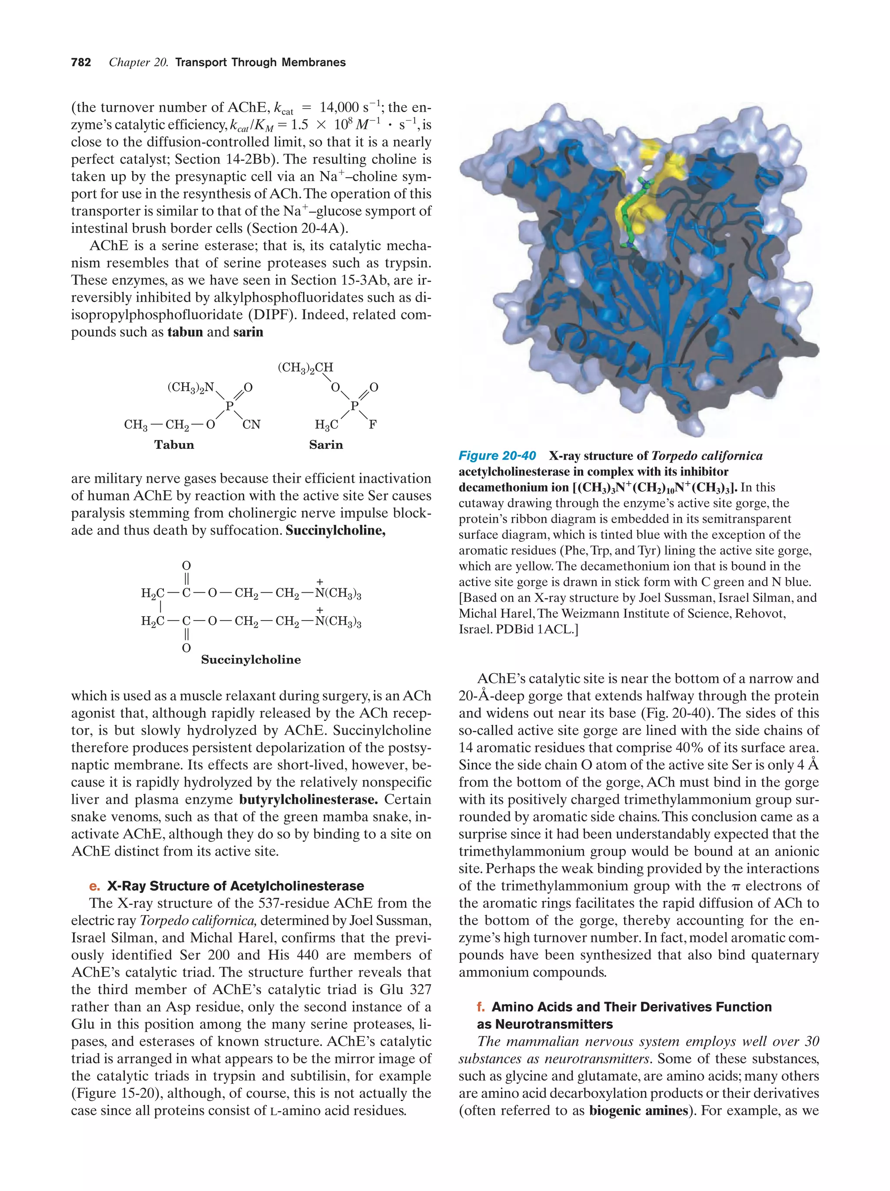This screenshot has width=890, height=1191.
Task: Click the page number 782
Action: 81,63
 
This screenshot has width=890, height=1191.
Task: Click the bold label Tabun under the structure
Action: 174,445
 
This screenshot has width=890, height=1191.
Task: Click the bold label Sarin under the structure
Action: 326,445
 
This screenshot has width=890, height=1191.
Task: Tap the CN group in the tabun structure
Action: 251,425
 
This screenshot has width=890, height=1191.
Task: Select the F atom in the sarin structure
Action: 372,425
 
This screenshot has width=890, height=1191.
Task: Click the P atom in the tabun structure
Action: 229,406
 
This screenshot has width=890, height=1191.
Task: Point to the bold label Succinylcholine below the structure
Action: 251,660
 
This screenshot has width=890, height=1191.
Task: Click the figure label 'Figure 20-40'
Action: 497,456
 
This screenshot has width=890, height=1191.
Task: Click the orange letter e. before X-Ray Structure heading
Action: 95,886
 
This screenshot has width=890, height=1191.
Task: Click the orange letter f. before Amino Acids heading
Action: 481,1007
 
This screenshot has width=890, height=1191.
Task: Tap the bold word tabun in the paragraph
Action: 185,332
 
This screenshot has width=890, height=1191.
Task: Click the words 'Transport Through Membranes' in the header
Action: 261,63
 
